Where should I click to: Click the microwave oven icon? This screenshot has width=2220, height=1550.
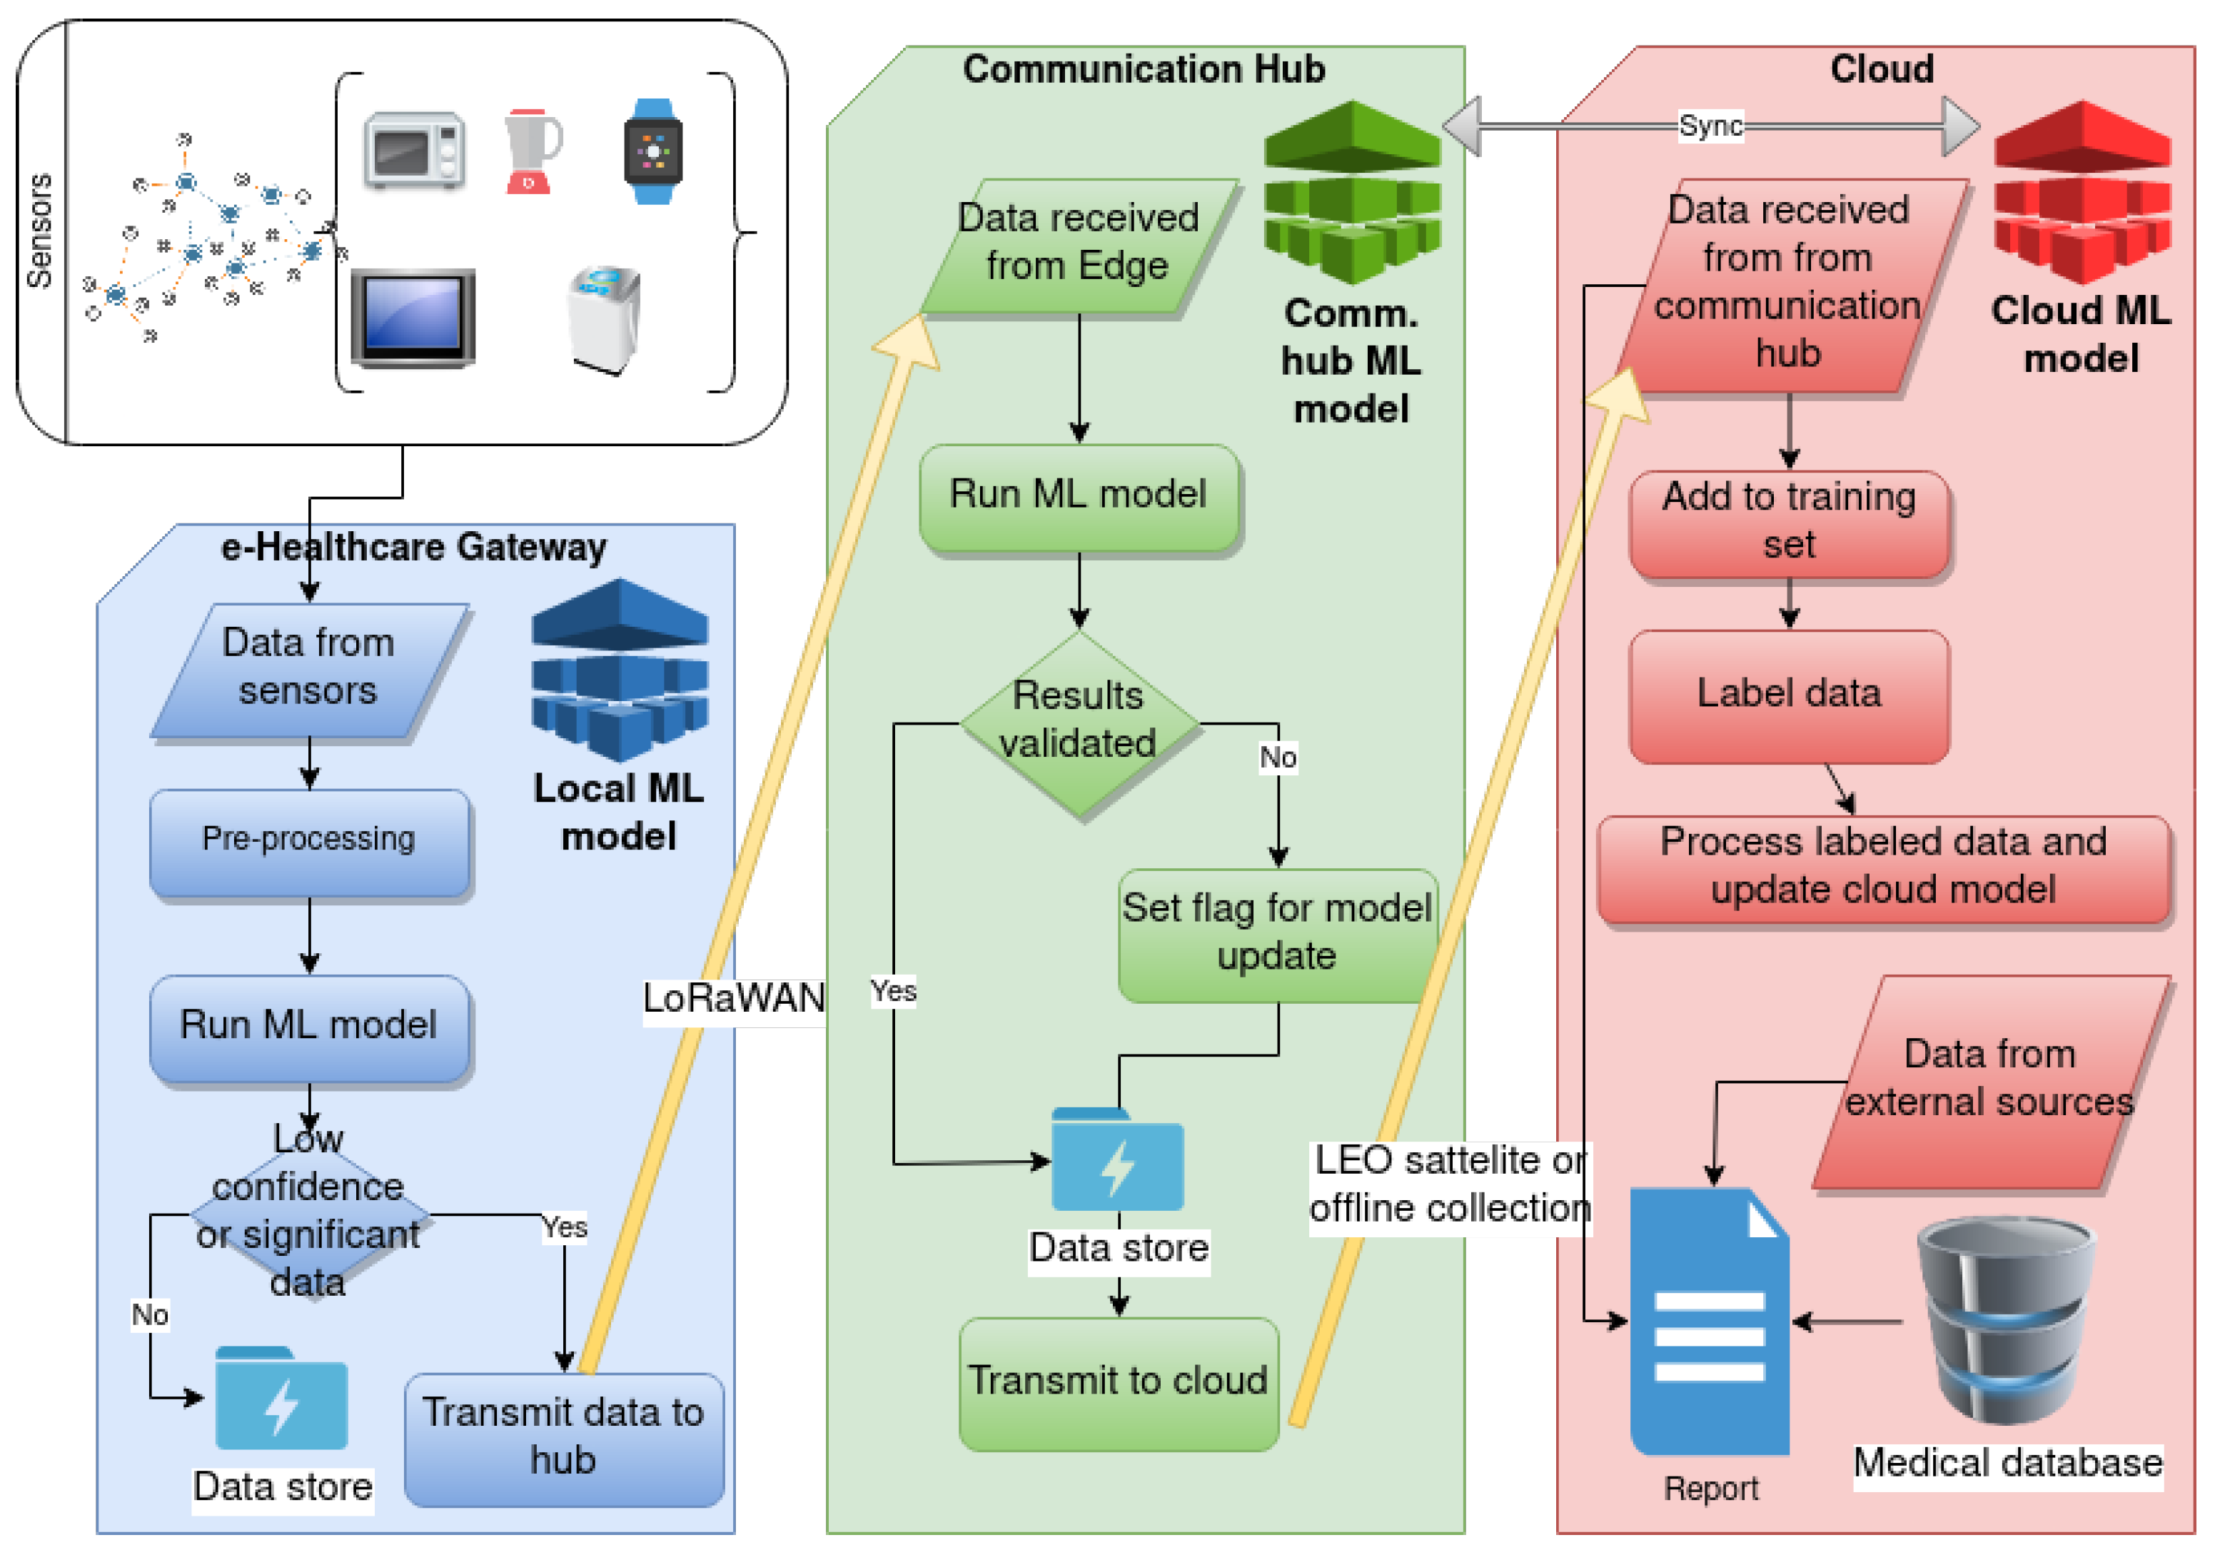(415, 151)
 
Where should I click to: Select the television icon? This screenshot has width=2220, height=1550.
(413, 317)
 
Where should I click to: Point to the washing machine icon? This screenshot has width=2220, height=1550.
(605, 319)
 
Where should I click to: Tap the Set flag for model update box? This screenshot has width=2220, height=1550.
(1276, 933)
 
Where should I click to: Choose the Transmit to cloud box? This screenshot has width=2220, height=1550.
(1118, 1381)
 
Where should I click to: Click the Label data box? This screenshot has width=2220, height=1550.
(1788, 694)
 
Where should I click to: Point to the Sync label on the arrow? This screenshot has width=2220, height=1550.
(1710, 126)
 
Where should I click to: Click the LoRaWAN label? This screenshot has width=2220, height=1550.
(734, 998)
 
